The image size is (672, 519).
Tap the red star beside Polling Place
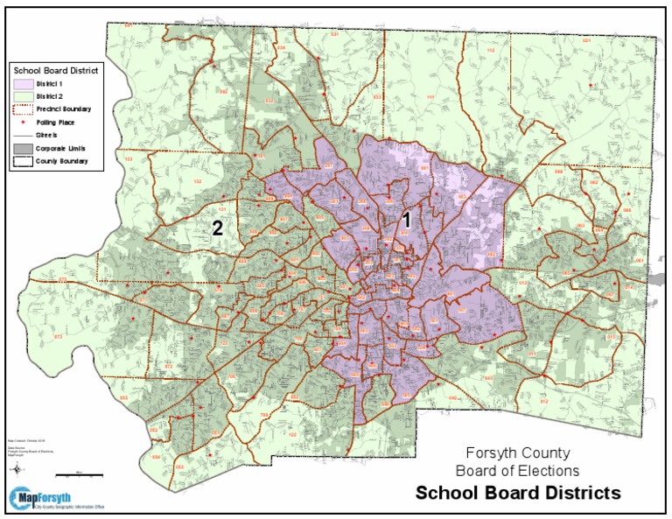(x=24, y=123)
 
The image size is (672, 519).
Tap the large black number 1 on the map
(x=405, y=221)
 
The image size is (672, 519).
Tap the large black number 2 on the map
(x=216, y=229)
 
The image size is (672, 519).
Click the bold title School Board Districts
(x=518, y=493)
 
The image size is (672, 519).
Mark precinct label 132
(x=197, y=181)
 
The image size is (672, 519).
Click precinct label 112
(x=490, y=52)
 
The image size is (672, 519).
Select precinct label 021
(x=586, y=41)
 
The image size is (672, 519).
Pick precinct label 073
(x=59, y=336)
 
